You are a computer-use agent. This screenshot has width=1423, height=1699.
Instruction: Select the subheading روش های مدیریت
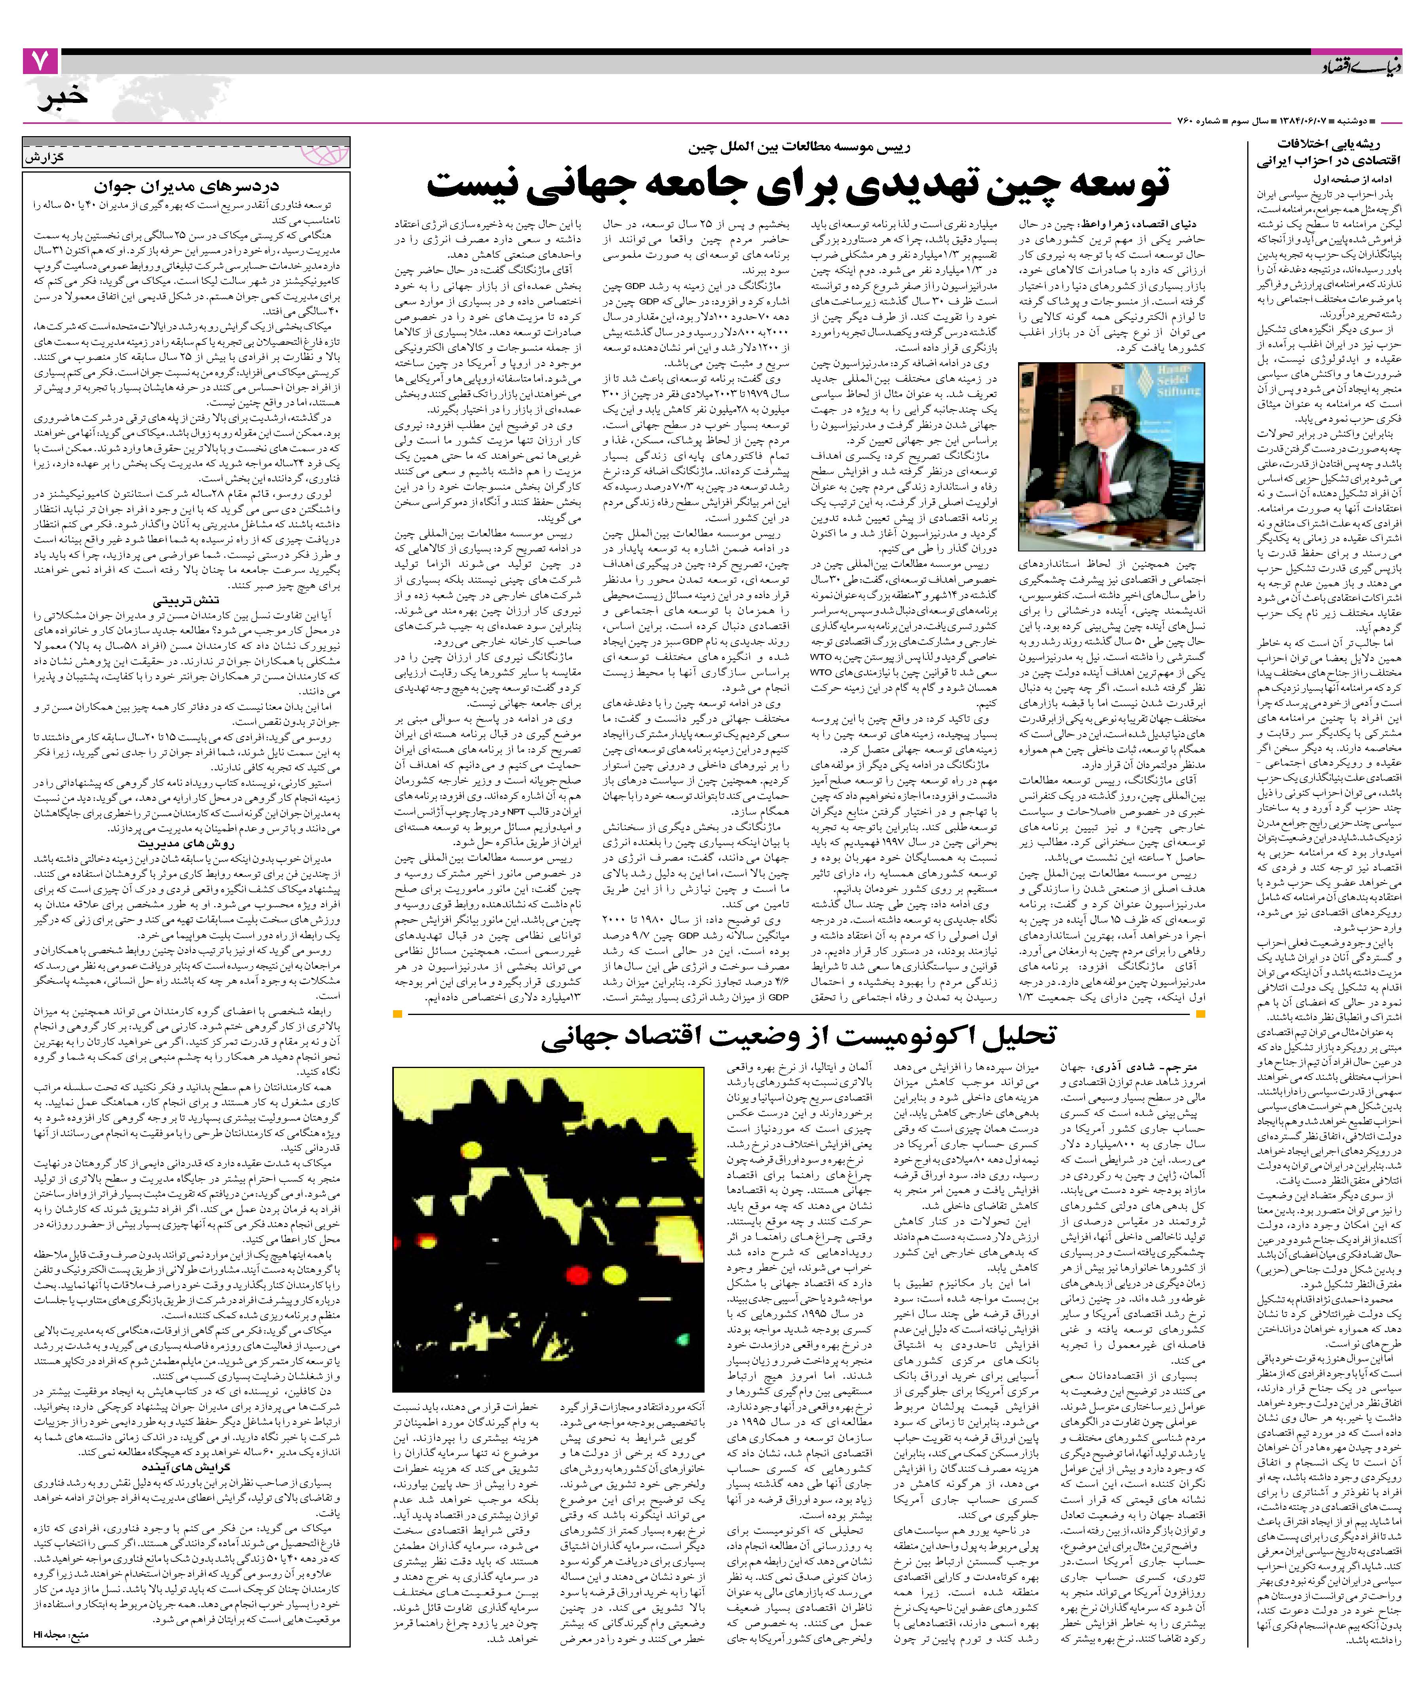pos(188,842)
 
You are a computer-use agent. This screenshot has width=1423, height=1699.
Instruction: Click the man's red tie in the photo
pos(1112,465)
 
